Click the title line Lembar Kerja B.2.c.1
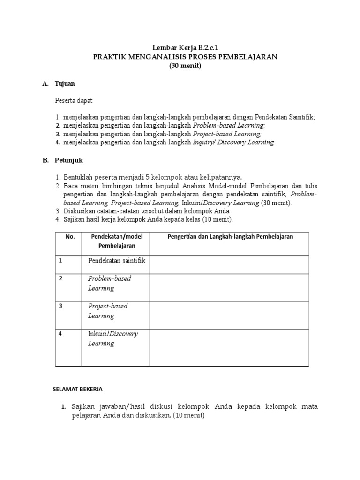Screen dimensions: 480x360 click(185, 48)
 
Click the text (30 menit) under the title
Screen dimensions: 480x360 click(185, 66)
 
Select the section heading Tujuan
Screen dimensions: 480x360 click(65, 84)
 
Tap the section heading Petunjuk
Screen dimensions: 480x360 click(68, 160)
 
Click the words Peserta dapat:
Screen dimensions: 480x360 click(74, 101)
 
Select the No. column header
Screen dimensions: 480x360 click(70, 237)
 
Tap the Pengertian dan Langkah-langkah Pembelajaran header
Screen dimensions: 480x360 click(230, 237)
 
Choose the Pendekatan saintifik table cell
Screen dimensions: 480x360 click(117, 261)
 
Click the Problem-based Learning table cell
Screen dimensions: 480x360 click(110, 283)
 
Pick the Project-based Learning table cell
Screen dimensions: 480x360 click(108, 311)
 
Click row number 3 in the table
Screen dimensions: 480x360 click(60, 306)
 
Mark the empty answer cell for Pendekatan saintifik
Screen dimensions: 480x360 click(229, 265)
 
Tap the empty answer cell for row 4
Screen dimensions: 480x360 click(229, 347)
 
